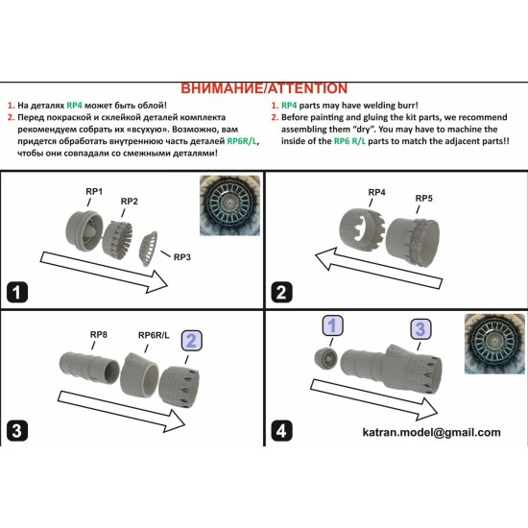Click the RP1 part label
pyautogui.click(x=94, y=191)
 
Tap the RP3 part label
pyautogui.click(x=181, y=257)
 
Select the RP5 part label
pyautogui.click(x=423, y=199)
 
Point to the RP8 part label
pyautogui.click(x=98, y=335)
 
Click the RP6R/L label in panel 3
pyautogui.click(x=154, y=335)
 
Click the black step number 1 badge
pyautogui.click(x=17, y=292)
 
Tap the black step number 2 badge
pyautogui.click(x=281, y=292)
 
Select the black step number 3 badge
pyautogui.click(x=17, y=431)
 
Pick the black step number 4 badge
pyautogui.click(x=281, y=431)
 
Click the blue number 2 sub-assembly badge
pyautogui.click(x=192, y=341)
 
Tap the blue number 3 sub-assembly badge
pyautogui.click(x=420, y=329)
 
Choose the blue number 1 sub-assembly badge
pyautogui.click(x=333, y=325)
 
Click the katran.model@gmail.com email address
pyautogui.click(x=431, y=432)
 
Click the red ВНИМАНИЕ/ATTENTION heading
pyautogui.click(x=264, y=88)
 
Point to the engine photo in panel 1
pyautogui.click(x=229, y=205)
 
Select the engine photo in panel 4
pyautogui.click(x=494, y=344)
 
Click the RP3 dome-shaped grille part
pyautogui.click(x=149, y=249)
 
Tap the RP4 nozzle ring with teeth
pyautogui.click(x=362, y=228)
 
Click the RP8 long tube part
pyautogui.click(x=89, y=368)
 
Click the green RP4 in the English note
pyautogui.click(x=289, y=106)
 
